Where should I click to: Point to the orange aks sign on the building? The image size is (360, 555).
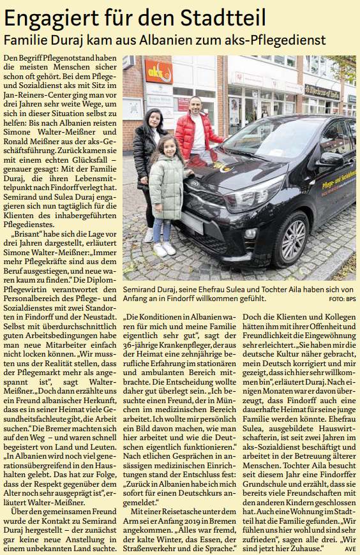tap(158, 70)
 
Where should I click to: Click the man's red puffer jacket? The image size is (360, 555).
tap(199, 135)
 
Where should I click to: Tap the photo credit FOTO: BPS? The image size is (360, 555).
tap(342, 299)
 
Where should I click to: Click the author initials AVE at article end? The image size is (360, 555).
tap(350, 547)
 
